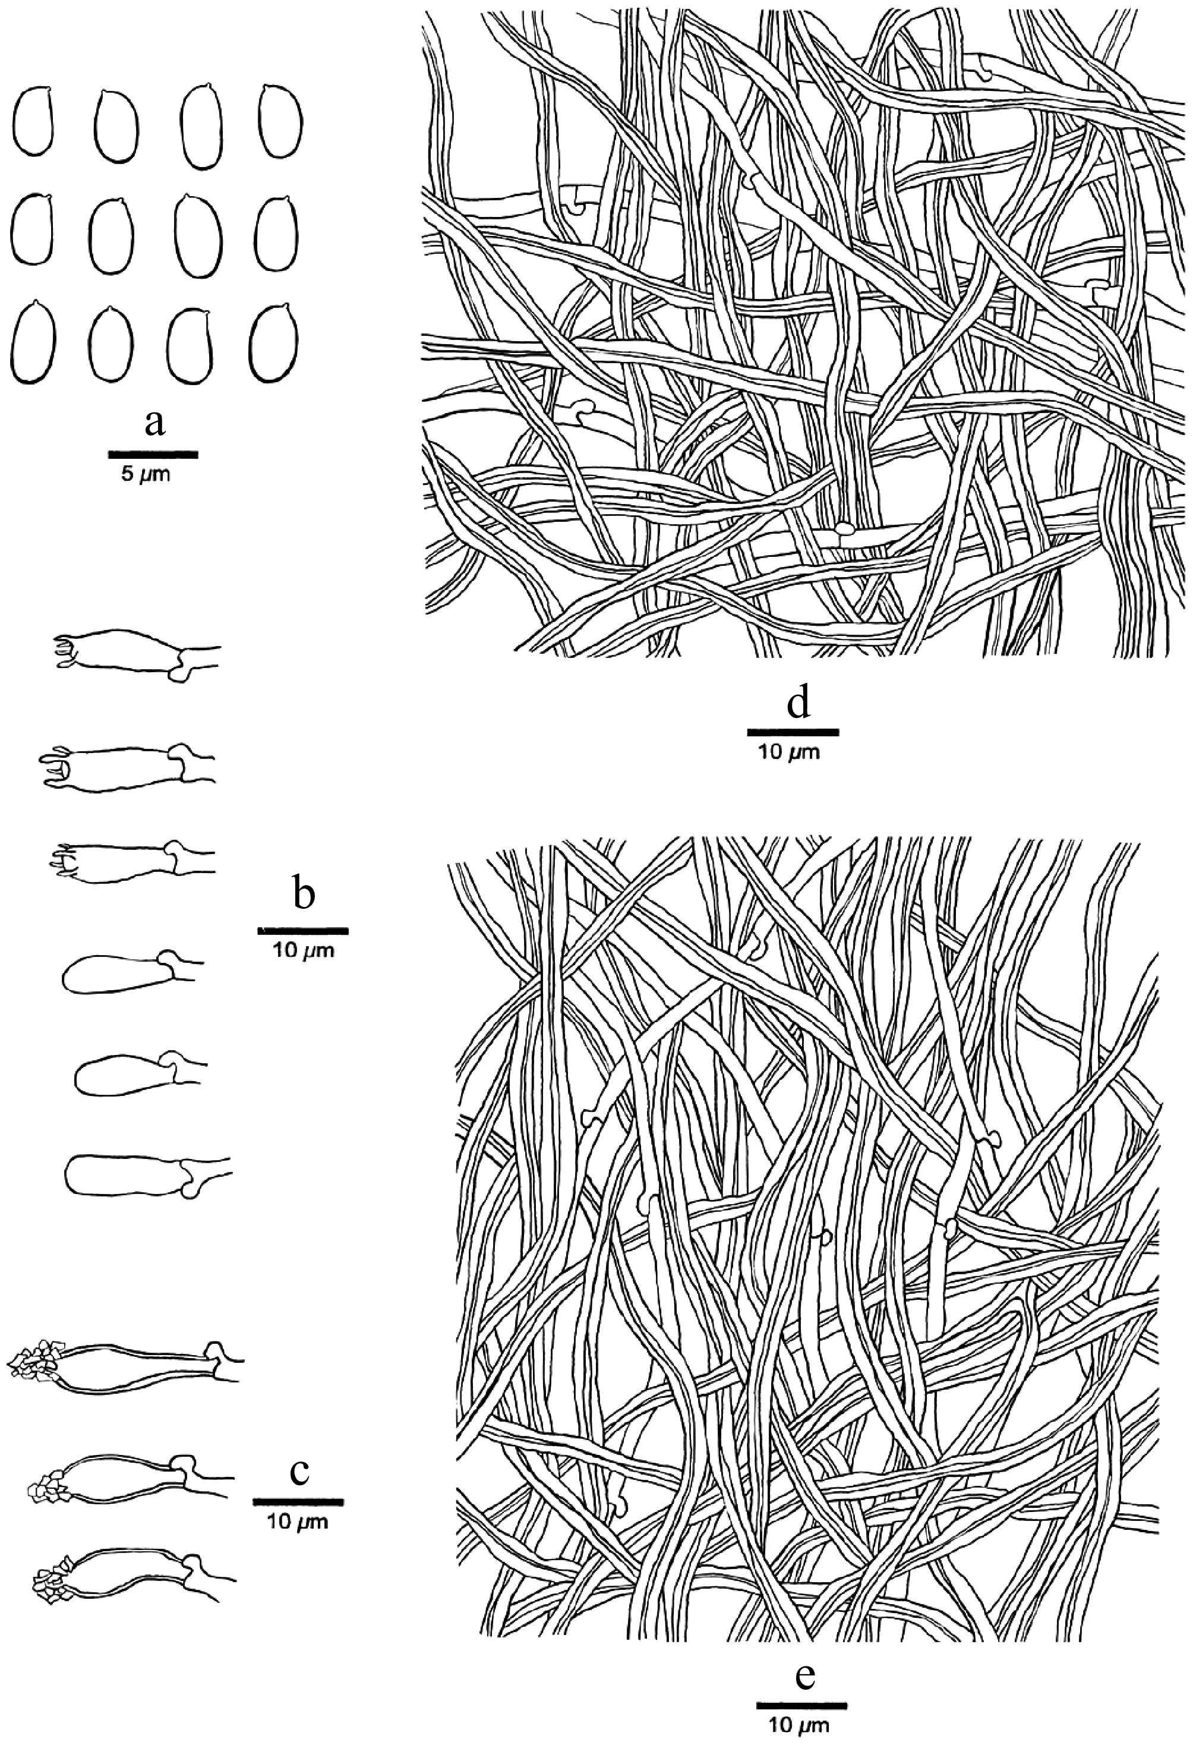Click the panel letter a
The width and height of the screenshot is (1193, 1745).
tap(154, 425)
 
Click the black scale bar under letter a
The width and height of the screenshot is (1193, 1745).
tap(153, 454)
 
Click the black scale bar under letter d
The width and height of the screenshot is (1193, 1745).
tap(793, 731)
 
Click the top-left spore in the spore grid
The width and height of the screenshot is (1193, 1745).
tap(32, 122)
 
